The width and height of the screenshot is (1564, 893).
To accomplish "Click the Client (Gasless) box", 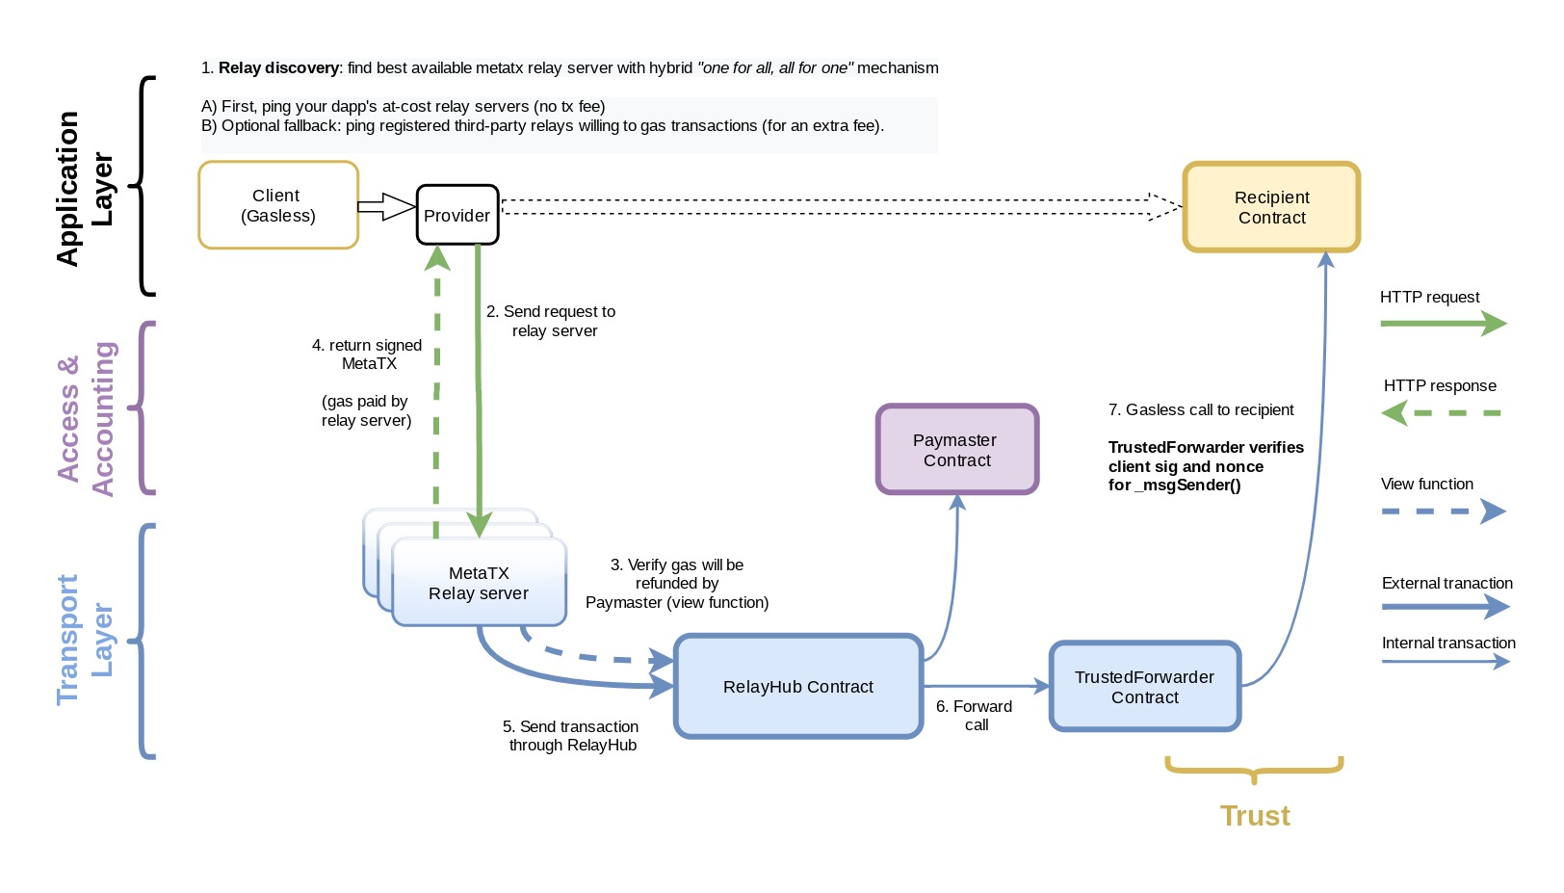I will (x=278, y=205).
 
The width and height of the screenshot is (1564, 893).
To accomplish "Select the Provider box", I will (x=457, y=215).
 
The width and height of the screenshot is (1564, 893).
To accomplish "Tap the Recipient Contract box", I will (x=1271, y=207).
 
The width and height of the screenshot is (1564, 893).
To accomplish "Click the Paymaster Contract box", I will (x=956, y=450).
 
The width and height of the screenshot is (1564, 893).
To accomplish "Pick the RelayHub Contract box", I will (x=798, y=687).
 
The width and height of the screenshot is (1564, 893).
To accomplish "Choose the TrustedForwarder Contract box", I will (x=1144, y=687).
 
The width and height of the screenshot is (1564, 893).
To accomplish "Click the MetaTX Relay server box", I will (x=479, y=584).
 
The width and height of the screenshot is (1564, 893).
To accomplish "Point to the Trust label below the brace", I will (x=1254, y=816).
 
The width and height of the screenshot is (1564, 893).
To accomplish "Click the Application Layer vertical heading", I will (x=84, y=188).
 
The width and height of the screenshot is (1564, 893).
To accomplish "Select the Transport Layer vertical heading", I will (x=84, y=640).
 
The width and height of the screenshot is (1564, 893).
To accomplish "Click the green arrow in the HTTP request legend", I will (x=1442, y=324).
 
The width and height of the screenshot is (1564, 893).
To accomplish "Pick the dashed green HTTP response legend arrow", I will (x=1442, y=413).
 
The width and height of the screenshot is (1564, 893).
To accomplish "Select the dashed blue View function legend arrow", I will (x=1442, y=511).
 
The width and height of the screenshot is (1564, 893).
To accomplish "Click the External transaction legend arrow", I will (x=1445, y=607).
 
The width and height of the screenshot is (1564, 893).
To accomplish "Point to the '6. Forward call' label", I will (x=975, y=716).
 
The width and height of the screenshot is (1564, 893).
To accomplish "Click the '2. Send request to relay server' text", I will (x=551, y=321).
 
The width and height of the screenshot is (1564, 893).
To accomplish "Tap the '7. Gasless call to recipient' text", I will (x=1200, y=410).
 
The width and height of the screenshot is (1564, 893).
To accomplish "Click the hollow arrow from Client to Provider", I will (x=386, y=207).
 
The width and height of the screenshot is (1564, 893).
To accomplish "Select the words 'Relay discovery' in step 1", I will (x=278, y=68).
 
